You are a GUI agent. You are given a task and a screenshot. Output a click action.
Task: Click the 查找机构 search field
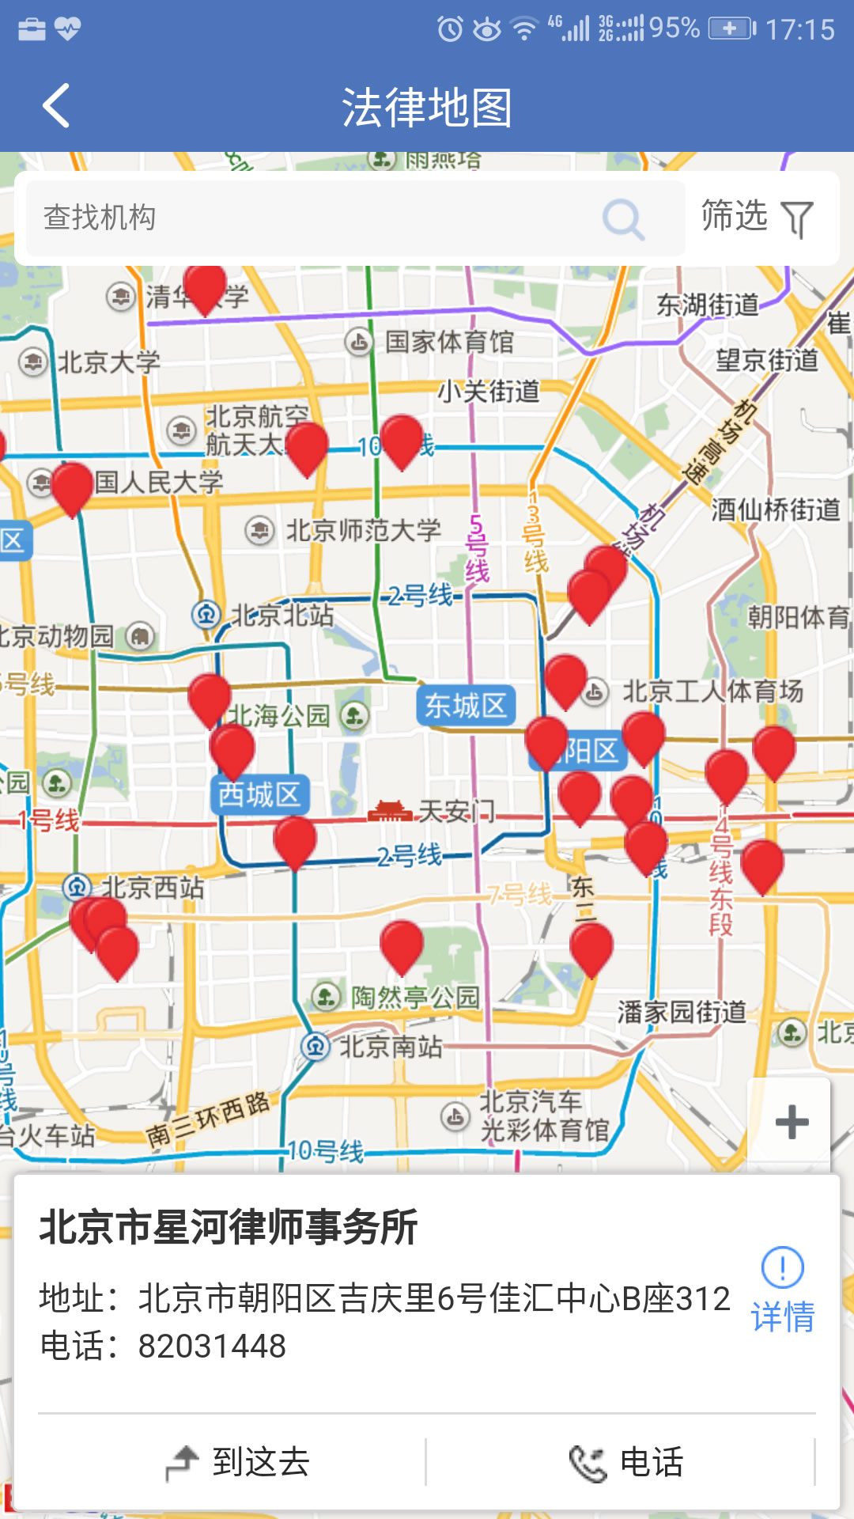[x=316, y=218]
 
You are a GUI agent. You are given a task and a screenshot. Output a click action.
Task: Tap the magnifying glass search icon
[x=623, y=219]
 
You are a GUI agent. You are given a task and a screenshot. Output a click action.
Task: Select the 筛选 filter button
[x=757, y=218]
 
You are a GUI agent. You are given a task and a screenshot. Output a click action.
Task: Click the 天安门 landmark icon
[x=390, y=812]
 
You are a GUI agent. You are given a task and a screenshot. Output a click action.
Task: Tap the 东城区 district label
[x=466, y=706]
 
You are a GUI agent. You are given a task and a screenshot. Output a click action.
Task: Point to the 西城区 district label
[x=259, y=794]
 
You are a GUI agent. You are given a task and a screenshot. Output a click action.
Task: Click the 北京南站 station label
[x=390, y=1047]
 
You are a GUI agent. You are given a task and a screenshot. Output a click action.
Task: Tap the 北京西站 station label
[x=152, y=887]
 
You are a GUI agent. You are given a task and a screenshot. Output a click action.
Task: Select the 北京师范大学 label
[x=362, y=530]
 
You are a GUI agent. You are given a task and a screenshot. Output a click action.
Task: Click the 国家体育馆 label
[x=448, y=342]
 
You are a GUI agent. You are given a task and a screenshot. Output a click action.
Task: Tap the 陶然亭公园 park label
[x=415, y=997]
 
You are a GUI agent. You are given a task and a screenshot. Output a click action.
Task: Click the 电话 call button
[x=626, y=1462]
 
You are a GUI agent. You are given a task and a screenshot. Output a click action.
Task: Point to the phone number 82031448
[x=212, y=1346]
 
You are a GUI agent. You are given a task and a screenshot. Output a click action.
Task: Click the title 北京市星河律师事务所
[x=229, y=1227]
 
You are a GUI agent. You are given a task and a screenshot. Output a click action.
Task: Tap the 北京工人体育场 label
[x=712, y=691]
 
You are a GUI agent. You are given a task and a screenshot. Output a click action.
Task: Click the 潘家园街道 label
[x=682, y=1012]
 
